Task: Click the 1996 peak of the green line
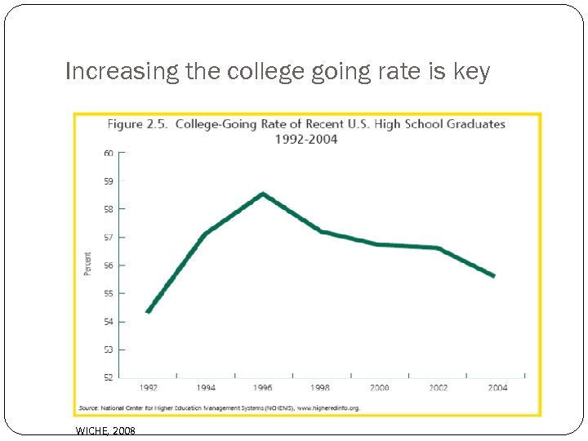[263, 194]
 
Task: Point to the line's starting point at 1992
[148, 311]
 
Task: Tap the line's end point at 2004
[493, 276]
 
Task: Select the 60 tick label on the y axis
[108, 153]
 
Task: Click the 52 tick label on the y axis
[108, 377]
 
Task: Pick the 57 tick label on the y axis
[108, 237]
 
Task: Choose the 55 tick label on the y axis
[108, 293]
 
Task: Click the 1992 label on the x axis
[148, 388]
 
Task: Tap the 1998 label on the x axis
[321, 388]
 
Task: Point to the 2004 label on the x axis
[497, 388]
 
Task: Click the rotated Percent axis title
[88, 264]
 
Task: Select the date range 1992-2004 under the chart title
[307, 139]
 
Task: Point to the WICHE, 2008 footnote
[105, 430]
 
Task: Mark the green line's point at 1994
[205, 234]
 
